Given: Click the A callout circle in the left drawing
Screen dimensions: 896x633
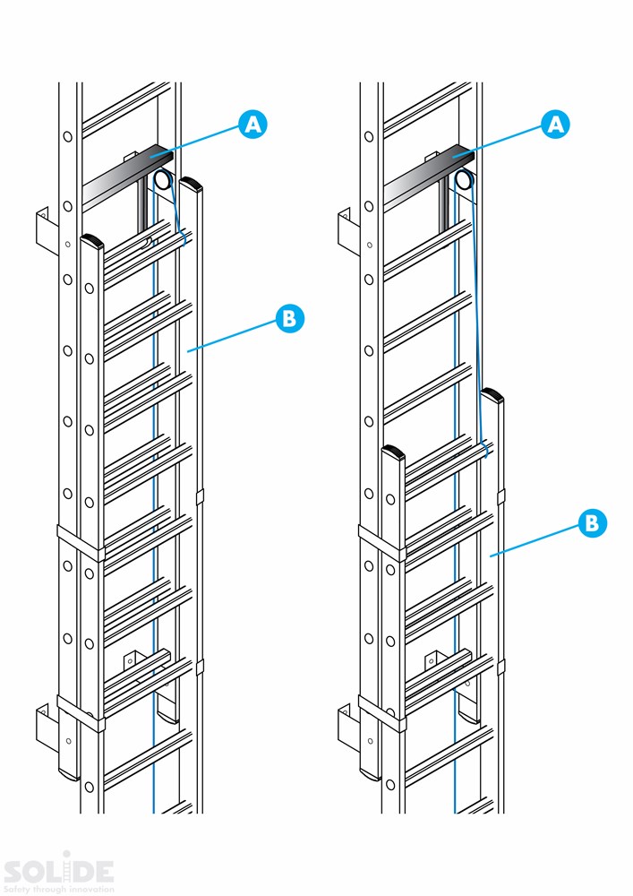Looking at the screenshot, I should click(254, 125).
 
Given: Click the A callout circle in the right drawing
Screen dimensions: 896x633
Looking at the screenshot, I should click(556, 125).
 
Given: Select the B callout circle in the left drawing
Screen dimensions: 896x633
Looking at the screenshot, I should click(290, 318).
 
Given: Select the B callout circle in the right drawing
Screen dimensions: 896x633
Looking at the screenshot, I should click(591, 523).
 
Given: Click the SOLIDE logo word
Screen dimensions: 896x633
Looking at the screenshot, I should click(59, 871).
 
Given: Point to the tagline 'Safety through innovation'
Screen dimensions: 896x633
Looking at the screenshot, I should click(59, 889).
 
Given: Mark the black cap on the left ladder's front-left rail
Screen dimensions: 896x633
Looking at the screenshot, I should click(92, 241).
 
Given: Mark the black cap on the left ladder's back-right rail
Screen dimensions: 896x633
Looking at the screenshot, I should click(192, 185).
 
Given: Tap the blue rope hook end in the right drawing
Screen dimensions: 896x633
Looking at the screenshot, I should click(486, 448).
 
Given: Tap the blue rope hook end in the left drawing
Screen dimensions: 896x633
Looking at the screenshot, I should click(184, 238).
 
